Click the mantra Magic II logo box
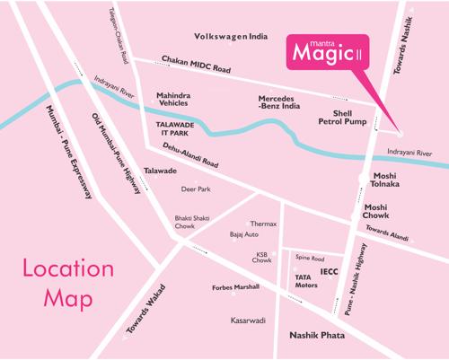pos(330,51)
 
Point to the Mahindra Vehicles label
pos(176,99)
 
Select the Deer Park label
pos(196,189)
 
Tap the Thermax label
pos(263,224)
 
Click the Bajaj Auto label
pos(244,235)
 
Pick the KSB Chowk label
pos(263,259)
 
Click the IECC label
pos(329,269)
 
